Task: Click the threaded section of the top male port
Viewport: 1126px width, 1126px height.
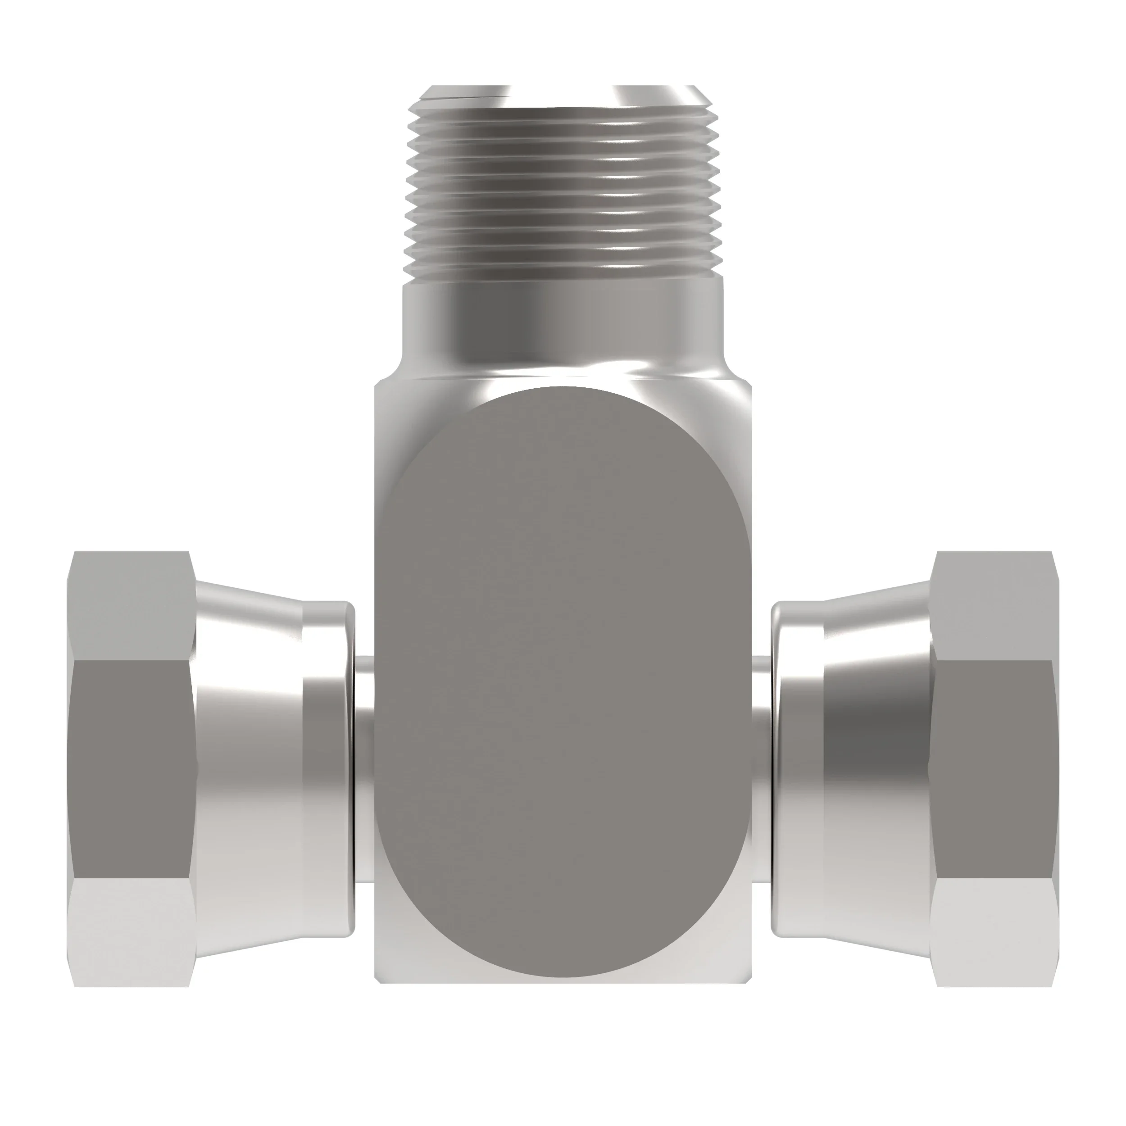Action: [563, 192]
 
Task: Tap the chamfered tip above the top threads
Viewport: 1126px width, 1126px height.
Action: [563, 96]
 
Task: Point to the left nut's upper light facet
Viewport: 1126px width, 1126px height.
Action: [131, 606]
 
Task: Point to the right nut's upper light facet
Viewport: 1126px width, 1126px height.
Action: [994, 606]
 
